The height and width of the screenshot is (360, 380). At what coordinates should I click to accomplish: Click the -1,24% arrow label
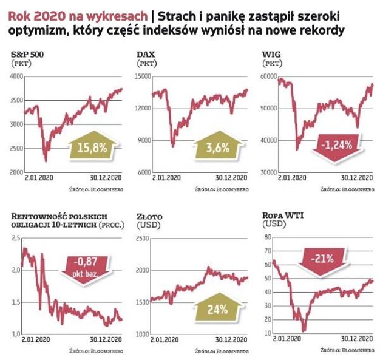339,146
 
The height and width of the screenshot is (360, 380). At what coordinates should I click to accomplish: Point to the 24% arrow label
215,309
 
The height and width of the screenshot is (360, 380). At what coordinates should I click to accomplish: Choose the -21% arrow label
323,259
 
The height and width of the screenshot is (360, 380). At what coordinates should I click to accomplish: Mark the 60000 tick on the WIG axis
268,76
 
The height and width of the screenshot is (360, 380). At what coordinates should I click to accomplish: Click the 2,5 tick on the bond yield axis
16,238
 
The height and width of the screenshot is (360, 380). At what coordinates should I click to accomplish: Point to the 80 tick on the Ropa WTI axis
266,236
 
